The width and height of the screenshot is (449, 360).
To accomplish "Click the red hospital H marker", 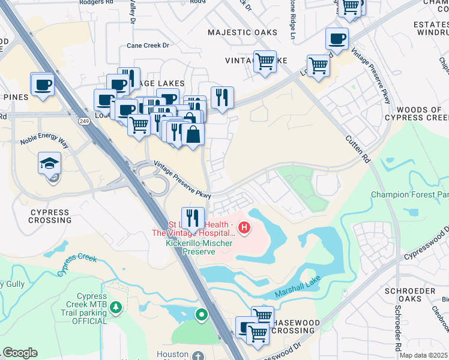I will pyautogui.click(x=244, y=228).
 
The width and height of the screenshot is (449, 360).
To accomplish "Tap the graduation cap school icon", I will pyautogui.click(x=49, y=162).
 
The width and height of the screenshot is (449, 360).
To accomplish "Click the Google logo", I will pyautogui.click(x=20, y=353).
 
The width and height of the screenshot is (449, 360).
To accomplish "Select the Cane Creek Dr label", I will pyautogui.click(x=148, y=45).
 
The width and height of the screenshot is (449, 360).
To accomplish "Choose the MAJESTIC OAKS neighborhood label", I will pyautogui.click(x=243, y=32).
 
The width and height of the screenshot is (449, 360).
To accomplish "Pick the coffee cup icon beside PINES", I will pyautogui.click(x=43, y=85).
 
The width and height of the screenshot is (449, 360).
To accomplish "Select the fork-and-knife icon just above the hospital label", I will pyautogui.click(x=193, y=217).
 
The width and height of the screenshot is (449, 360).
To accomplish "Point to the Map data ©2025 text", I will pyautogui.click(x=424, y=355).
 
